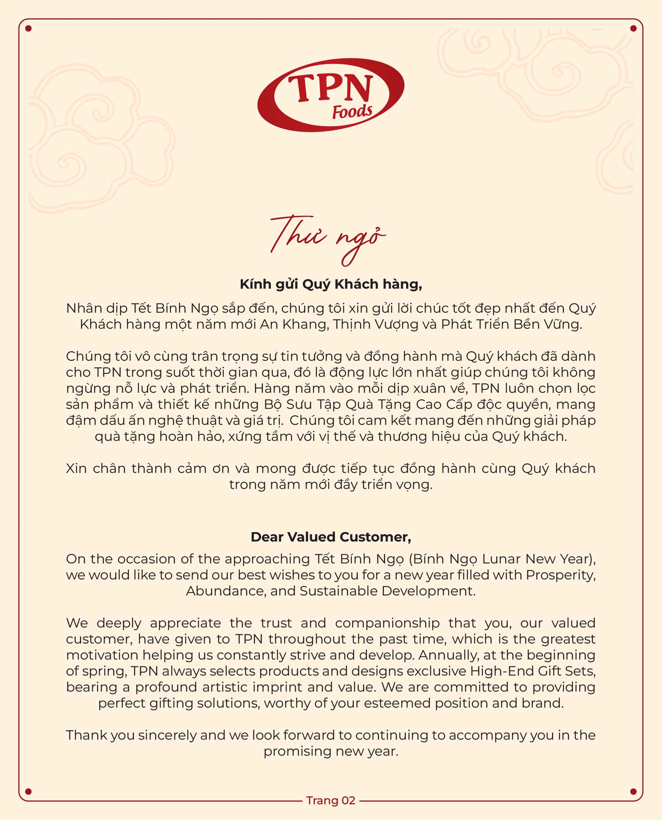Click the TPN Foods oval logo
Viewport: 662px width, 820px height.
click(330, 95)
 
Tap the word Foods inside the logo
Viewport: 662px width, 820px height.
click(352, 112)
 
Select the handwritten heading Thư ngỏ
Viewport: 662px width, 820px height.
click(327, 239)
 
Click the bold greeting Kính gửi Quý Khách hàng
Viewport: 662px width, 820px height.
click(330, 284)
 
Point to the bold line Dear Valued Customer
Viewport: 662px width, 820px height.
click(330, 537)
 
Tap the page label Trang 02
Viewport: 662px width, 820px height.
click(330, 800)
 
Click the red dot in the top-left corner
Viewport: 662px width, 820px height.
click(28, 28)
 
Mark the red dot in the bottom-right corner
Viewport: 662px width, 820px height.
click(633, 791)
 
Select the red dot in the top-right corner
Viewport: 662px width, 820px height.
click(633, 28)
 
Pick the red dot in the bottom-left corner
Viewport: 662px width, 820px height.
click(28, 791)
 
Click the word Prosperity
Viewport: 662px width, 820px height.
click(561, 575)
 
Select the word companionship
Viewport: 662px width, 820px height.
click(387, 623)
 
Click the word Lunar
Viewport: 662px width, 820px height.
click(501, 559)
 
